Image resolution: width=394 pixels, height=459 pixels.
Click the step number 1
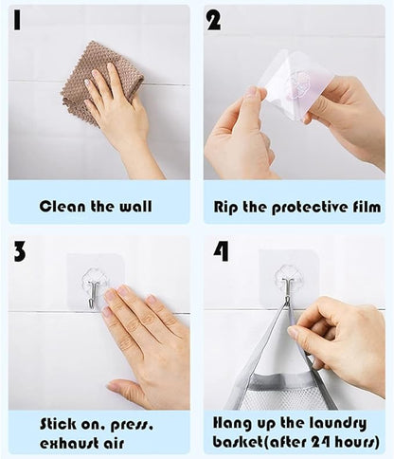[x=17, y=20]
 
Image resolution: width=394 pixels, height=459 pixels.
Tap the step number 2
[x=214, y=20]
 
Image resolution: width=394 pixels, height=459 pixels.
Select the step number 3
[x=20, y=251]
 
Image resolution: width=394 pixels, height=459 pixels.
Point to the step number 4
[x=221, y=251]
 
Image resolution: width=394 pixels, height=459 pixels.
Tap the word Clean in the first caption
[x=63, y=207]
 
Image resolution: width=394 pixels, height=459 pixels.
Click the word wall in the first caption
[x=135, y=206]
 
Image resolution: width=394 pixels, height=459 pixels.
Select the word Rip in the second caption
[x=225, y=208]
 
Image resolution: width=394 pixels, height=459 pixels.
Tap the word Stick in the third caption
[x=59, y=424]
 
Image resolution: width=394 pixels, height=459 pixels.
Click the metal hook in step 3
[x=92, y=294]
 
